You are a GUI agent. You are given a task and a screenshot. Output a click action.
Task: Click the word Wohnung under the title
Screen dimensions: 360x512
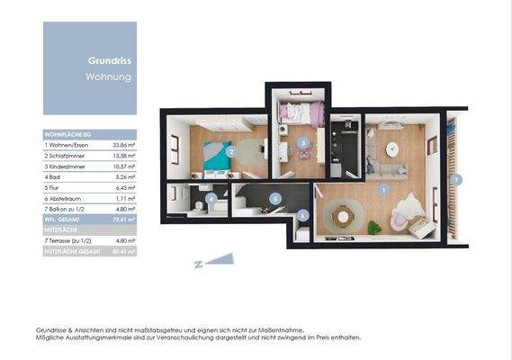click(x=109, y=76)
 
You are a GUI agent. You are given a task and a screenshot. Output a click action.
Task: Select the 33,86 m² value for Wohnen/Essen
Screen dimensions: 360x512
click(x=122, y=144)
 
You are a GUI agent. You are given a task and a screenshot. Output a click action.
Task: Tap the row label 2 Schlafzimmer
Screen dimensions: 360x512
click(x=65, y=155)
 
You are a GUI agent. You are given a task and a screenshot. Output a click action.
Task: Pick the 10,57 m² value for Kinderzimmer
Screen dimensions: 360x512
click(x=122, y=166)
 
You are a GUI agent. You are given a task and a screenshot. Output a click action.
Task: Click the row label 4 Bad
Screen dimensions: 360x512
click(x=54, y=176)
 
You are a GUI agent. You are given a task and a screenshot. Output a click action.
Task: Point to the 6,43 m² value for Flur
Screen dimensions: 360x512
click(x=124, y=187)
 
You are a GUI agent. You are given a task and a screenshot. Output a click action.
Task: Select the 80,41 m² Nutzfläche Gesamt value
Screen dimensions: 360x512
click(x=122, y=252)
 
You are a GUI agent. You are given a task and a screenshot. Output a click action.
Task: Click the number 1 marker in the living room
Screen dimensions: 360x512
click(x=384, y=190)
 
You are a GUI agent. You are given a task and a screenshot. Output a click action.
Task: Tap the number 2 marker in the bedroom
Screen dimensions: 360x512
click(x=231, y=152)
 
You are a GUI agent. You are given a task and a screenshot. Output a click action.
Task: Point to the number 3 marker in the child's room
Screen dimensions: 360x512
click(x=303, y=142)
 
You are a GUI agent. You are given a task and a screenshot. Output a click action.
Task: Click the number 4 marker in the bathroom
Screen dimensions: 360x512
click(x=211, y=200)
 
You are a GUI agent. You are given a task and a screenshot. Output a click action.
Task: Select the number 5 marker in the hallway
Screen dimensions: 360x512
click(x=274, y=198)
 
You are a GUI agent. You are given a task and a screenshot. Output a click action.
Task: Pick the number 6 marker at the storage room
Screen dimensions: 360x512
click(x=302, y=215)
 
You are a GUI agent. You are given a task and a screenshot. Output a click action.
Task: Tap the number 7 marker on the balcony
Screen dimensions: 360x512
click(x=457, y=180)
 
